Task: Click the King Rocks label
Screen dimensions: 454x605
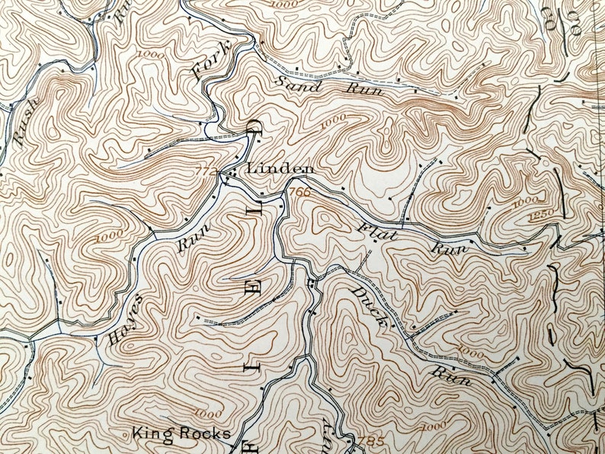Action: point(181,433)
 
